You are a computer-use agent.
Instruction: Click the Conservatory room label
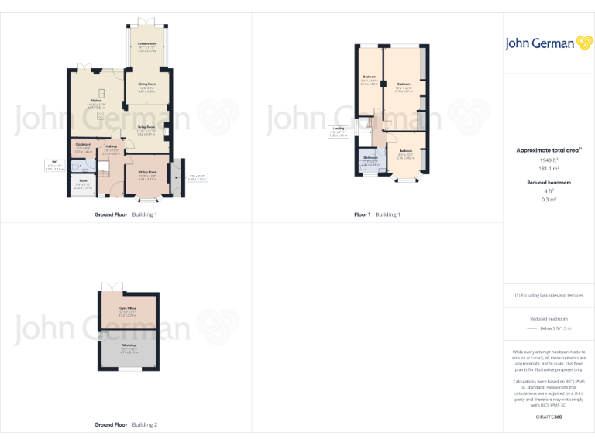(x=147, y=46)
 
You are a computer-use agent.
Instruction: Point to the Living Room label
(x=147, y=127)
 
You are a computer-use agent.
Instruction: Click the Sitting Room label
(x=147, y=173)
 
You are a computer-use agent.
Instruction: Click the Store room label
(x=82, y=183)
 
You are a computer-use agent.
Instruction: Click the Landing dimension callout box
(x=338, y=132)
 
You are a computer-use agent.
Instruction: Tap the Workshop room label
(x=128, y=345)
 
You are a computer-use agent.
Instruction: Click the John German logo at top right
(x=549, y=43)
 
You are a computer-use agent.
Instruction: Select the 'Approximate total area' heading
(x=547, y=150)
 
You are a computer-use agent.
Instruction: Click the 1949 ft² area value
(x=549, y=160)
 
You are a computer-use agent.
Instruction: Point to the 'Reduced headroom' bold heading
(x=549, y=182)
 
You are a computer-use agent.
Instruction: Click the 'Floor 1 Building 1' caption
(x=377, y=214)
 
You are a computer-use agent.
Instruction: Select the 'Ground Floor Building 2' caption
(x=126, y=424)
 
